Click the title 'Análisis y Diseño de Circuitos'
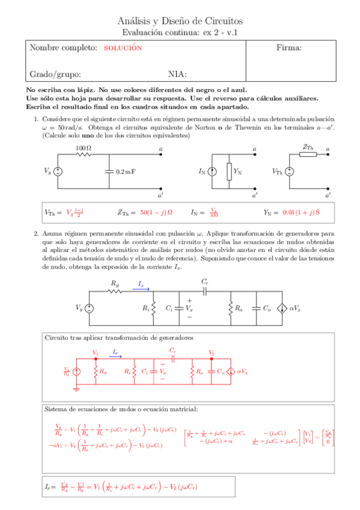tap(180, 22)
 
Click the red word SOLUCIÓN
tap(123, 48)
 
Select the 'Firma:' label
tap(288, 48)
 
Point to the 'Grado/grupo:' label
tap(55, 75)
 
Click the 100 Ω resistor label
tap(83, 148)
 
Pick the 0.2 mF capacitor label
tap(125, 171)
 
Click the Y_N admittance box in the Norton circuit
tap(229, 171)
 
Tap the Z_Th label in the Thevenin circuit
tap(308, 146)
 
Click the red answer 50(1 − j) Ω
tap(156, 212)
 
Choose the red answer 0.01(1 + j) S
tap(301, 212)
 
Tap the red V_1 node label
tap(95, 352)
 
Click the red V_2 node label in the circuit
tap(211, 352)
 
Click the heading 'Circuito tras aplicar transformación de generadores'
tap(119, 338)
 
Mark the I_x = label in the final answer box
tap(52, 486)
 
